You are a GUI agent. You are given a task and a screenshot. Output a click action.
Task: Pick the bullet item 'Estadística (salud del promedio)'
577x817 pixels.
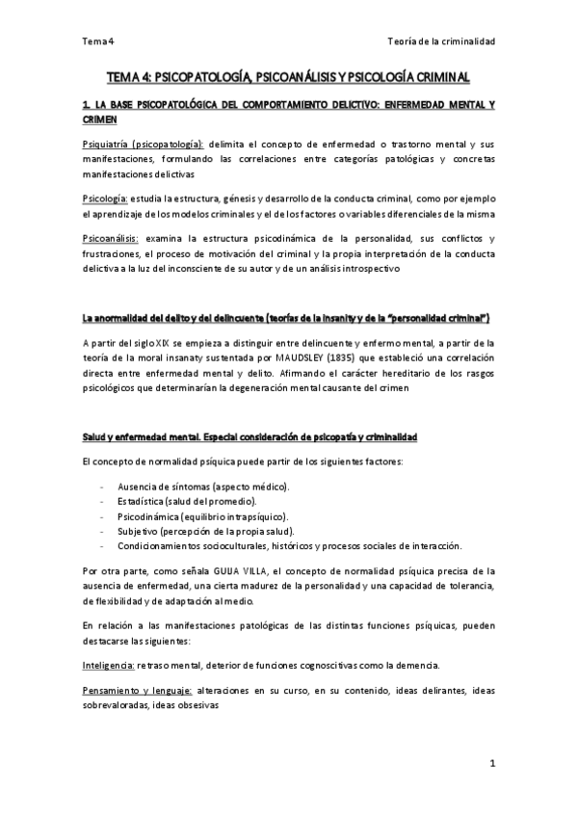pyautogui.click(x=187, y=503)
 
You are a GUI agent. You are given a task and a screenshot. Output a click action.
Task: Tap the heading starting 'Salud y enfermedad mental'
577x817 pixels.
pyautogui.click(x=249, y=437)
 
